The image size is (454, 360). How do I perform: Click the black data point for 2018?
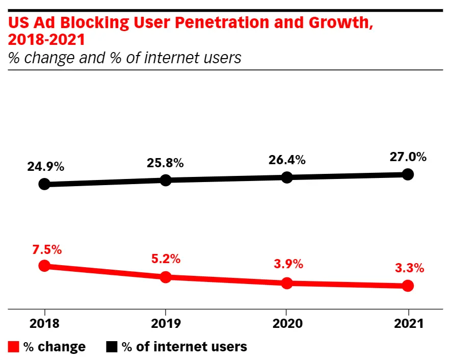point(44,184)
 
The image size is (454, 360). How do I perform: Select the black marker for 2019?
point(166,180)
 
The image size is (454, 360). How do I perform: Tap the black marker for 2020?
point(287,177)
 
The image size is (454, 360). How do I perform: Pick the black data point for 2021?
point(408,174)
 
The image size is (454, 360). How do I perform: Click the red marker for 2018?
point(44,266)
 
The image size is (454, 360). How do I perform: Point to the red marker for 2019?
point(166,277)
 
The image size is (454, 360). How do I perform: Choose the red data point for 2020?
point(287,283)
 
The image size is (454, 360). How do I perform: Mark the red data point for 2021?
point(408,286)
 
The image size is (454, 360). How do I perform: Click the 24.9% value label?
point(45,166)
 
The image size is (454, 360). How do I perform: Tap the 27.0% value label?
point(408,157)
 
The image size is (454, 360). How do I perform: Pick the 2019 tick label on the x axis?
point(166,323)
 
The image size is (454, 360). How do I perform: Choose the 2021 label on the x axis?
point(408,323)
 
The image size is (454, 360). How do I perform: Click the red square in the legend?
point(14,347)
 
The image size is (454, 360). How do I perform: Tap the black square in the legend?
point(112,347)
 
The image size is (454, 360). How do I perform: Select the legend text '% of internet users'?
point(184,347)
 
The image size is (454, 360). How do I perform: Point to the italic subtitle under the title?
point(125,58)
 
